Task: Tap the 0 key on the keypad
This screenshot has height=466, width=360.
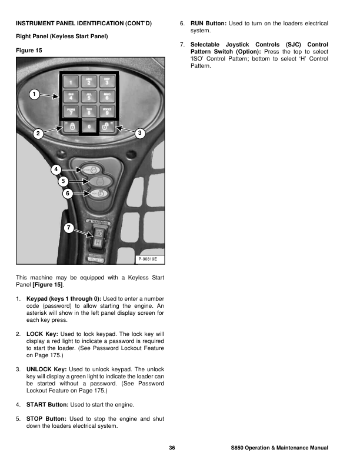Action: pyautogui.click(x=89, y=126)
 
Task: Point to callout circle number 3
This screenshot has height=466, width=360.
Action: pyautogui.click(x=139, y=133)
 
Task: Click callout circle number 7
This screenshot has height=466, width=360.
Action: pyautogui.click(x=68, y=227)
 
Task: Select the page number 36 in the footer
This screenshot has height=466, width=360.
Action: pyautogui.click(x=172, y=449)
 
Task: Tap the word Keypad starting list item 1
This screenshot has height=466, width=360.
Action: pyautogui.click(x=38, y=299)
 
